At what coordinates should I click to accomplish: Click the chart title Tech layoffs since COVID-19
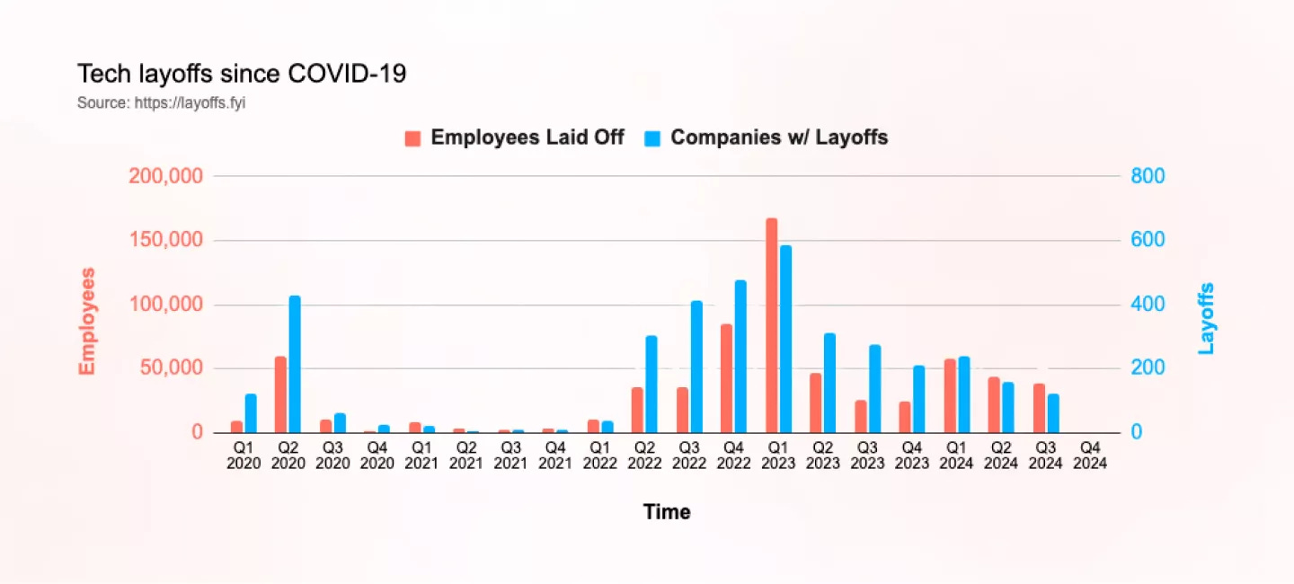coord(242,74)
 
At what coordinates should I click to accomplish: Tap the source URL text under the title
coord(161,103)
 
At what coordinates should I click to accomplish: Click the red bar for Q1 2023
coord(771,325)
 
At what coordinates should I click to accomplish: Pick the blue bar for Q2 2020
coord(295,364)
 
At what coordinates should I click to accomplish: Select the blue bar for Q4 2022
coord(740,357)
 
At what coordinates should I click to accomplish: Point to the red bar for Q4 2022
coord(726,378)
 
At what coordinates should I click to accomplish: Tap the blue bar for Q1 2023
coord(786,339)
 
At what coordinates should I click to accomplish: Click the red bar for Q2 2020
coord(280,394)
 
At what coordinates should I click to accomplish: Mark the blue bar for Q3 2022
coord(696,367)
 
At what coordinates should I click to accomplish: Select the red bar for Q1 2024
coord(950,395)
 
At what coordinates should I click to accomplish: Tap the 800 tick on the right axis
coord(1148,176)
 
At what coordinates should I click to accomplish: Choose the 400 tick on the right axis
coord(1148,305)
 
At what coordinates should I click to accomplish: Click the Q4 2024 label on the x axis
coord(1090,456)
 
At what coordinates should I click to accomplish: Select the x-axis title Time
coord(667,512)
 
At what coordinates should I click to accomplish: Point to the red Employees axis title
coord(87,321)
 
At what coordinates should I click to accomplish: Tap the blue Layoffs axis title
coord(1206,318)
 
